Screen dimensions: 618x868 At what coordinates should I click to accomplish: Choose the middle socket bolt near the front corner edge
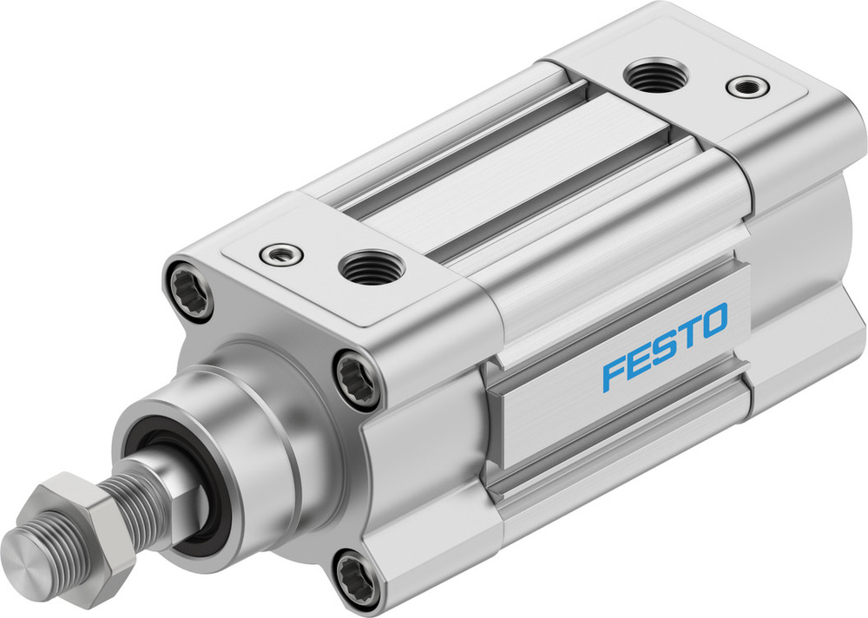(357, 378)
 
